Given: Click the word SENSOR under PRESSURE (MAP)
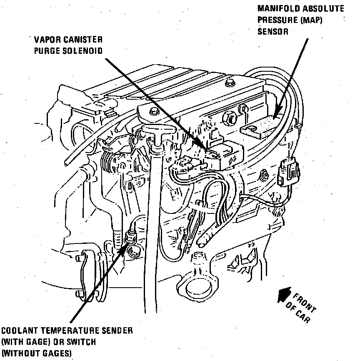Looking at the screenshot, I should (272, 31).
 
